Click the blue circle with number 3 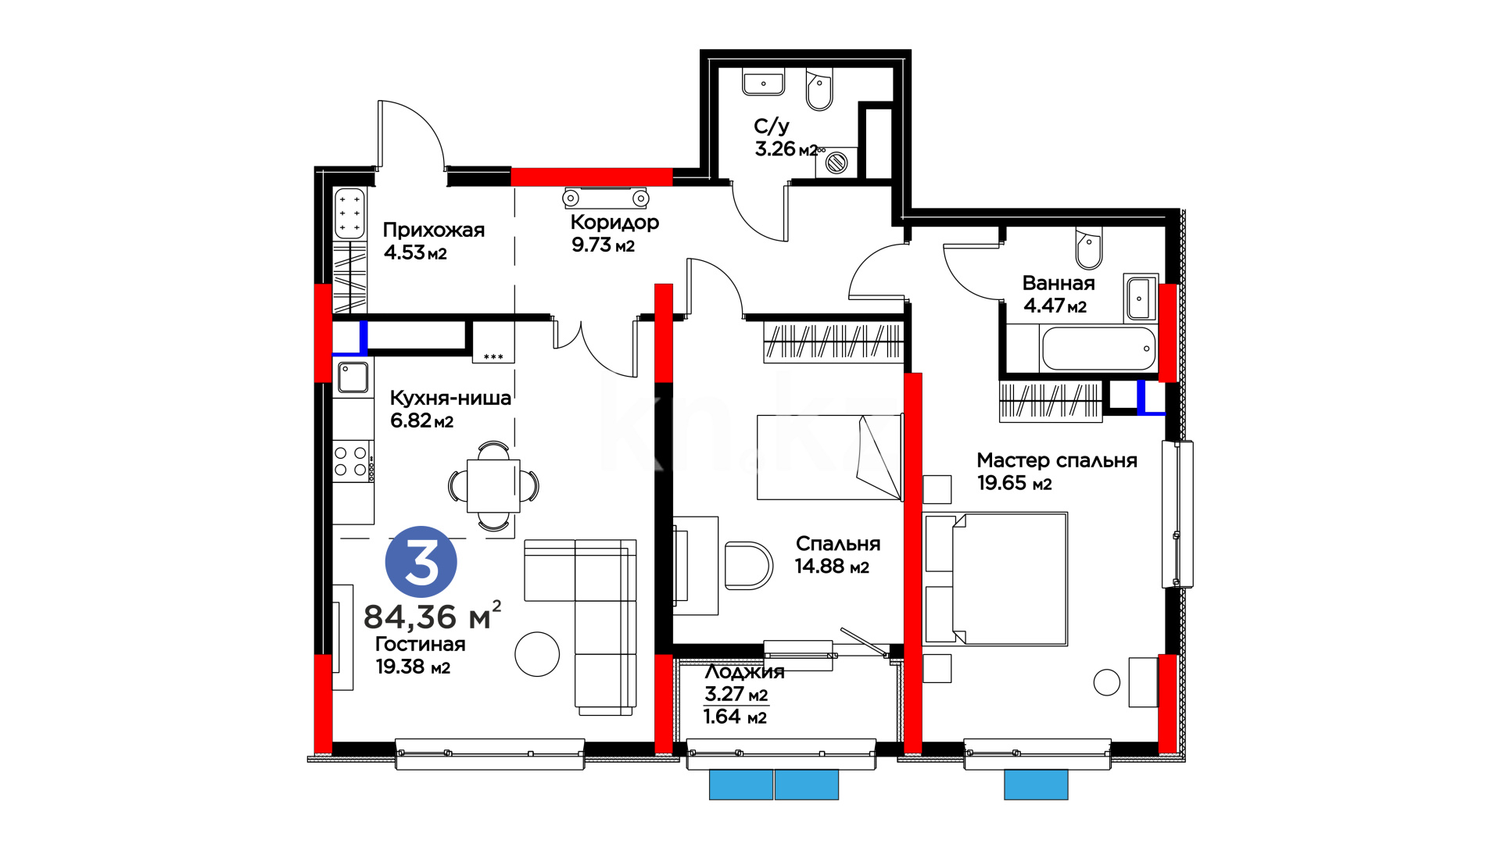pos(421,562)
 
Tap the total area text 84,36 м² pos(432,616)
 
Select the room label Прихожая pos(434,230)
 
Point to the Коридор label pos(614,223)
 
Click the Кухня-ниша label pos(450,398)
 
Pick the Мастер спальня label pos(1057,461)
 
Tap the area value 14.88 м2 pos(832,567)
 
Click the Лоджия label pos(744,672)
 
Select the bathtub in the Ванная pos(1098,349)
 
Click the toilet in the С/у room pos(819,91)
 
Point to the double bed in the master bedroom pos(995,579)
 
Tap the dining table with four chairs pos(493,486)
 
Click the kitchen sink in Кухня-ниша pos(353,377)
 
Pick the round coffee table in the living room pos(537,654)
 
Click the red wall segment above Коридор pos(592,177)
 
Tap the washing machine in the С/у pos(836,163)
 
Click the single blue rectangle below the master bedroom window pos(1036,785)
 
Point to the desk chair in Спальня pos(748,565)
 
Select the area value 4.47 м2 pos(1055,306)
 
